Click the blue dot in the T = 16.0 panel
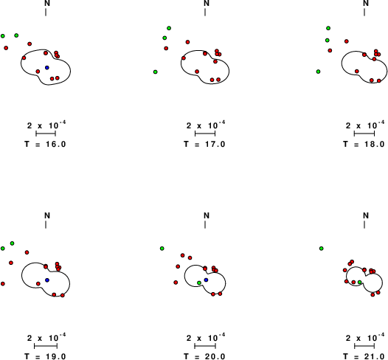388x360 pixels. pyautogui.click(x=47, y=68)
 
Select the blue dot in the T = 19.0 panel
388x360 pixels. pyautogui.click(x=47, y=280)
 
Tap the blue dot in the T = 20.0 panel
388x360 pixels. pyautogui.click(x=206, y=280)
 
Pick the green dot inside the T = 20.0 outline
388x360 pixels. pyautogui.click(x=199, y=283)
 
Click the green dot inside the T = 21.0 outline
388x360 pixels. pyautogui.click(x=360, y=282)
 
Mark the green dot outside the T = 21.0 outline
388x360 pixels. pyautogui.click(x=321, y=248)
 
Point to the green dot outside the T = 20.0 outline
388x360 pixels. pyautogui.click(x=162, y=248)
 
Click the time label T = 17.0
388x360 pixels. pyautogui.click(x=204, y=144)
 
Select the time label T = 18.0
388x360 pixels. pyautogui.click(x=364, y=144)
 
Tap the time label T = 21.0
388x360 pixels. pyautogui.click(x=364, y=356)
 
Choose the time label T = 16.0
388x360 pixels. pyautogui.click(x=45, y=144)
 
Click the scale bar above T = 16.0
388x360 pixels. pyautogui.click(x=46, y=134)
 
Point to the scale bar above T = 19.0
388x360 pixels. pyautogui.click(x=46, y=346)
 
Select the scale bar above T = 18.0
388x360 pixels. pyautogui.click(x=364, y=134)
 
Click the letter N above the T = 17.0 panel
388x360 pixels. pyautogui.click(x=207, y=3)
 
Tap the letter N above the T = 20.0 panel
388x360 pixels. pyautogui.click(x=207, y=215)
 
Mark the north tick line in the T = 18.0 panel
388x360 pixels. pyautogui.click(x=364, y=12)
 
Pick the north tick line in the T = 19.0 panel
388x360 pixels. pyautogui.click(x=46, y=224)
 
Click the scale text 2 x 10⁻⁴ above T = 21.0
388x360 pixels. pyautogui.click(x=365, y=337)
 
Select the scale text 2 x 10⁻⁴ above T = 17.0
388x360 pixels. pyautogui.click(x=206, y=125)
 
